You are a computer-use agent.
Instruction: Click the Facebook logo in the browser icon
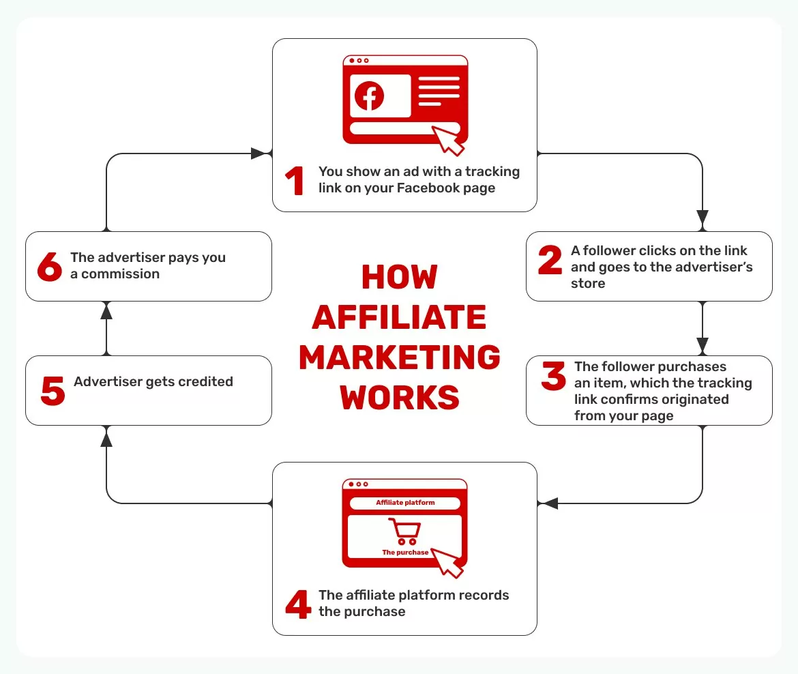pos(369,96)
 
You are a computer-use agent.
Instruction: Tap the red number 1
pos(295,181)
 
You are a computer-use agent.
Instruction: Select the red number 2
pos(550,260)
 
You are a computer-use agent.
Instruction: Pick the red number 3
pos(553,377)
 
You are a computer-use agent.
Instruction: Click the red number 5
pos(53,390)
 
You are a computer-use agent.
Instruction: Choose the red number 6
pos(50,267)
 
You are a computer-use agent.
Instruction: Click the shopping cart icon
pos(404,531)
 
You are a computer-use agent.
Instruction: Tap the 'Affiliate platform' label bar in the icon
pos(405,503)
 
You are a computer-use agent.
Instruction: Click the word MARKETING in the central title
pos(400,357)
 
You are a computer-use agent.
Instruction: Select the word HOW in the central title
pos(400,277)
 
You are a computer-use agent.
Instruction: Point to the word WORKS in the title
pos(400,397)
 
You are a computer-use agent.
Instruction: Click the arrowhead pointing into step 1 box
pos(259,153)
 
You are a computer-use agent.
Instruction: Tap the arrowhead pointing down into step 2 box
pos(703,218)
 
